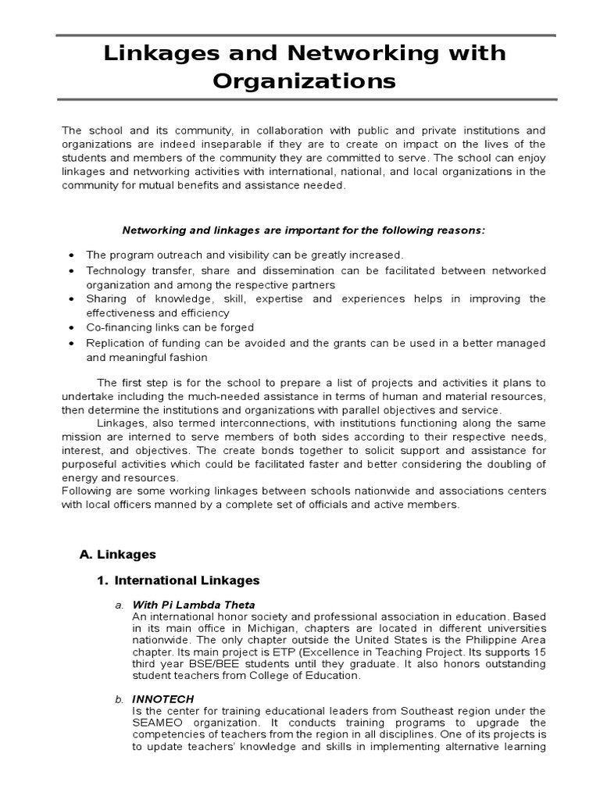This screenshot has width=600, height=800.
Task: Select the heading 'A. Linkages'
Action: pos(118,554)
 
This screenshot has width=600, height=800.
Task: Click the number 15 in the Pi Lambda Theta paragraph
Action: pos(539,652)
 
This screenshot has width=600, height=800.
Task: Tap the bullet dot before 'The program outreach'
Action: pos(72,255)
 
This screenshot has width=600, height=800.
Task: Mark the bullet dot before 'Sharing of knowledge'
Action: pos(72,299)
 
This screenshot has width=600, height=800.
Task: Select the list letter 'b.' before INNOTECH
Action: pos(120,698)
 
